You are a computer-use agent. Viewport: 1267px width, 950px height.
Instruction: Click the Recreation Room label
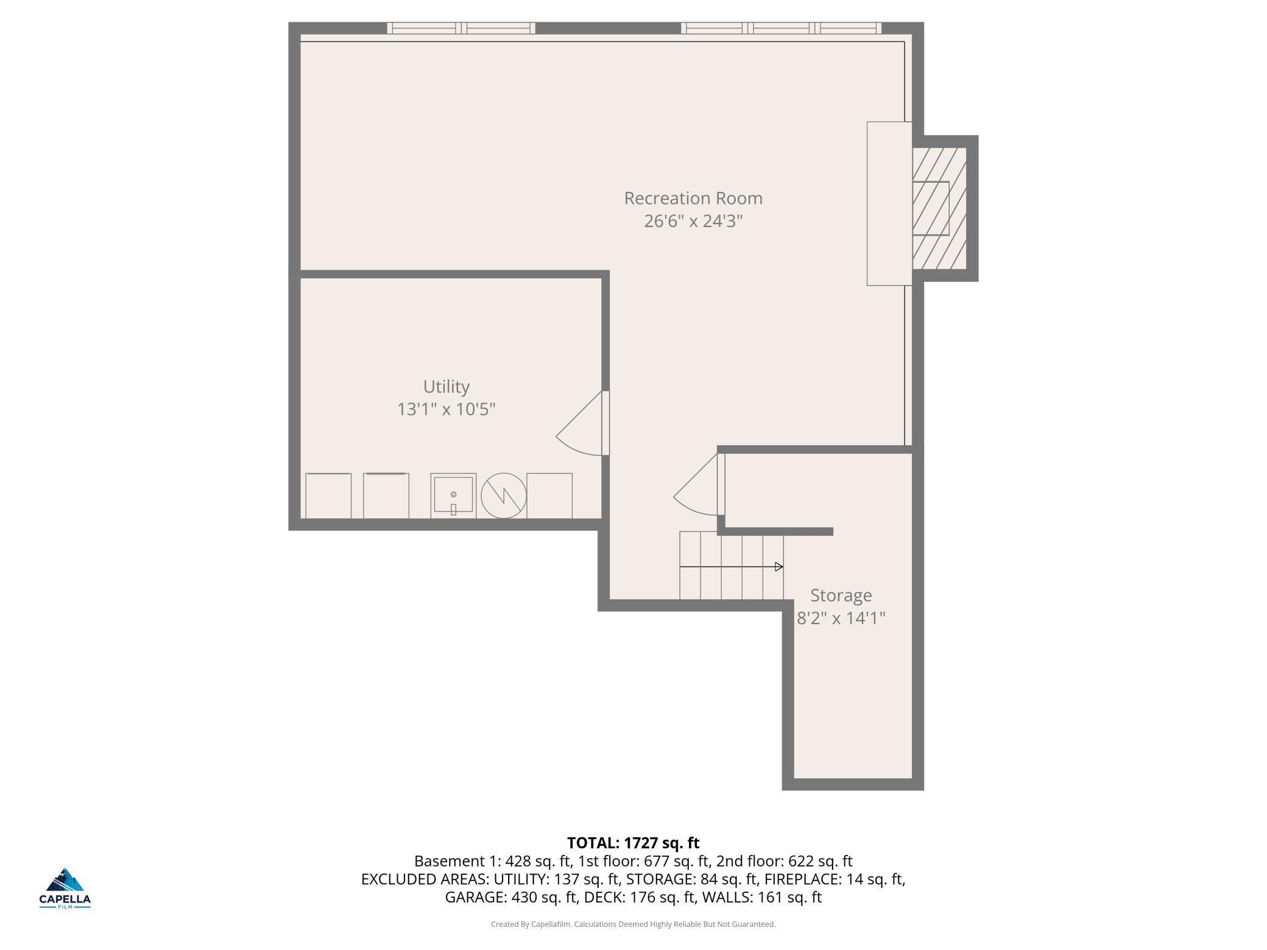tap(693, 199)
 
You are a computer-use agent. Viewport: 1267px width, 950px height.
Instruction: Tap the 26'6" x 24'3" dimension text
tap(693, 221)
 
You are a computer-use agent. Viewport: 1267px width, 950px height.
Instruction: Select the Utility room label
tap(446, 387)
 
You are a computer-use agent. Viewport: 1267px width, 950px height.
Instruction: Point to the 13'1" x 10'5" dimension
tap(446, 409)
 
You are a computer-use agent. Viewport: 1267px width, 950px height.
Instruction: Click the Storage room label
tap(841, 596)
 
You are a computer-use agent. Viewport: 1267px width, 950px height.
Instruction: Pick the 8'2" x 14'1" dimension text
tap(841, 618)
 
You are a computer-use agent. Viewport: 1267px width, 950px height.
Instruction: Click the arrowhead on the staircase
tap(778, 567)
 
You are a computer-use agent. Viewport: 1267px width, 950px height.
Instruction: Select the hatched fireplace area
tap(939, 208)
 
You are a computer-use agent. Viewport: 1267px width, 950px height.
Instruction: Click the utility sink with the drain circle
tap(453, 496)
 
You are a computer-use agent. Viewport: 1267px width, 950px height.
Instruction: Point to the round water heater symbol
tap(504, 496)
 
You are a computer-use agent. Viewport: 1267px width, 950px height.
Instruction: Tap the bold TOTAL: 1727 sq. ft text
tap(633, 843)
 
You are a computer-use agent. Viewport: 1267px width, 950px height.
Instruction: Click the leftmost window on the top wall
tap(461, 28)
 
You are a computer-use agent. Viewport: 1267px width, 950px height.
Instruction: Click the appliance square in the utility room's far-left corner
tap(328, 496)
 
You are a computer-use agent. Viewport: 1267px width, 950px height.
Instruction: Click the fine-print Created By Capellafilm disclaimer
tap(633, 924)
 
